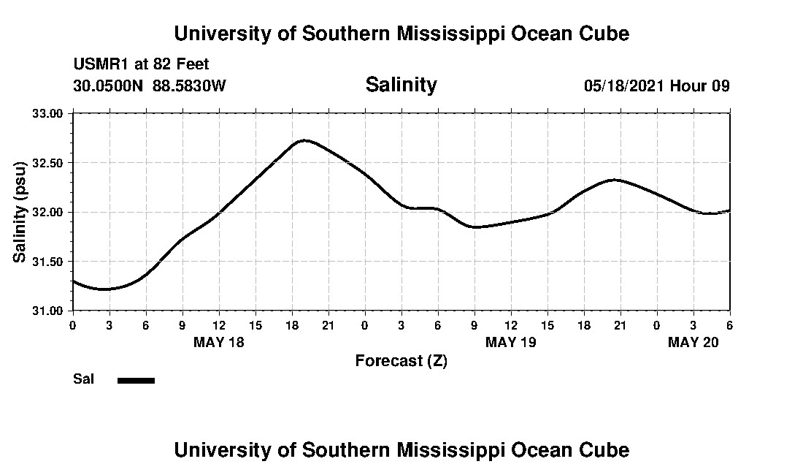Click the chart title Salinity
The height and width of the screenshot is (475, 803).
[x=401, y=85]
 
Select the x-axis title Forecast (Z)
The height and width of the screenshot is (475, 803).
[x=401, y=361]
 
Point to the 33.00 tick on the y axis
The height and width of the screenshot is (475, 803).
[x=48, y=113]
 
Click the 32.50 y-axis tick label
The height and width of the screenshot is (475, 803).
[x=48, y=163]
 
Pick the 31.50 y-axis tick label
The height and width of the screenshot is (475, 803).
[x=48, y=262]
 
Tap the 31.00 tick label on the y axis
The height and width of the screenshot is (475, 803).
[x=48, y=311]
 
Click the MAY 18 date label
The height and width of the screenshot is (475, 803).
[x=219, y=342]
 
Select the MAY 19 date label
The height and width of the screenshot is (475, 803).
[x=511, y=342]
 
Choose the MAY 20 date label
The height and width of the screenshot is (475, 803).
[x=693, y=342]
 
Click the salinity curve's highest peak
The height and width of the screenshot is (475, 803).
[x=304, y=140]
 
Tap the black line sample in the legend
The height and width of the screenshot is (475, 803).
[x=136, y=380]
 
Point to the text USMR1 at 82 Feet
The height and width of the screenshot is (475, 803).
[x=141, y=64]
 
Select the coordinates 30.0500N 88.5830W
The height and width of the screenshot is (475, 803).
[x=150, y=85]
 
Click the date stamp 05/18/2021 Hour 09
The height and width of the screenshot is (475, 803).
[x=656, y=85]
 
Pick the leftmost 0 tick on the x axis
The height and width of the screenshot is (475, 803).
[x=72, y=324]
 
